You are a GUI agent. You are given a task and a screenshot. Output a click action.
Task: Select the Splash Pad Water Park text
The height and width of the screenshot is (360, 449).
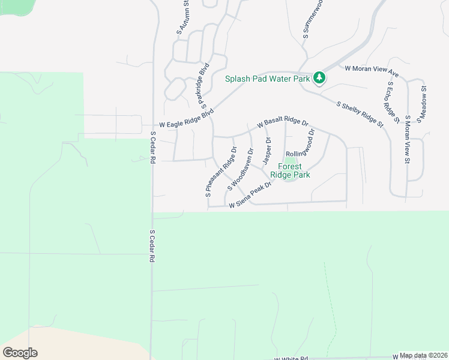[267, 79]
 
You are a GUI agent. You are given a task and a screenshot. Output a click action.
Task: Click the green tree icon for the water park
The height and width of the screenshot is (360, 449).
[320, 78]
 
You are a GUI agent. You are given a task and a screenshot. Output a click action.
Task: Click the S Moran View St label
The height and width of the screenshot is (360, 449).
[407, 140]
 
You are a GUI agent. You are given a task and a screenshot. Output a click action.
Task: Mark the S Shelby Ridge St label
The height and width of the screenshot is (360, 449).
[360, 114]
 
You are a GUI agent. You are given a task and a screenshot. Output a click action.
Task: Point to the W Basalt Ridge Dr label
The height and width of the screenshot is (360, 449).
[282, 122]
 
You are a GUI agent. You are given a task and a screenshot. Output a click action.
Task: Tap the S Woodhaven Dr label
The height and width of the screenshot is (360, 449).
[239, 170]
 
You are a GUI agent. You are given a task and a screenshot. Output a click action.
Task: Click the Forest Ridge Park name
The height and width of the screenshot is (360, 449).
[290, 170]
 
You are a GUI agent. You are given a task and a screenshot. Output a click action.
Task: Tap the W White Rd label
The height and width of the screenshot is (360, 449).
[291, 358]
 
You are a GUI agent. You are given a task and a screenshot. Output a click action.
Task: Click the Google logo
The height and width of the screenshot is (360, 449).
[20, 353]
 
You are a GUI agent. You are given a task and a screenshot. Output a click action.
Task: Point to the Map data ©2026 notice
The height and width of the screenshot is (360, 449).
[423, 355]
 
